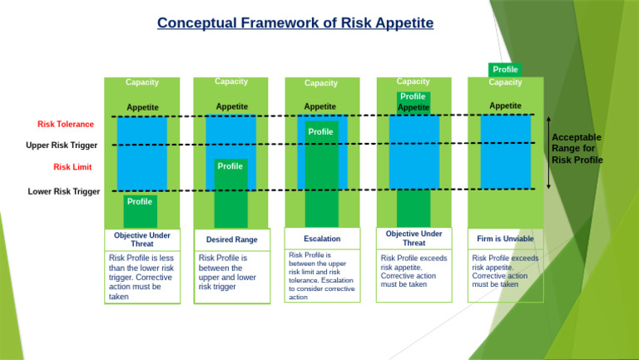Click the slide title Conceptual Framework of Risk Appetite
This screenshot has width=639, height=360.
[x=295, y=22]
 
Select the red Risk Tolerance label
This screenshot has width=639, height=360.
[x=66, y=125]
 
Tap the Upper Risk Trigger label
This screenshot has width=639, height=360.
[x=62, y=146]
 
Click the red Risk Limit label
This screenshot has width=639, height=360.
[x=73, y=167]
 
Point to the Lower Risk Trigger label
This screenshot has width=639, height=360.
[x=64, y=191]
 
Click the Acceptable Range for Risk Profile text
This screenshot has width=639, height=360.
[x=577, y=148]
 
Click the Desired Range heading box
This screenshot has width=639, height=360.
[x=231, y=239]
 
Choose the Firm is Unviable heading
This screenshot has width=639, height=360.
[x=505, y=239]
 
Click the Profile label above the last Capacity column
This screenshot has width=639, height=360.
[x=505, y=70]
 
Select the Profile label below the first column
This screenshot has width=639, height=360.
[x=140, y=201]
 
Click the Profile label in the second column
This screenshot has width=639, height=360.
[x=230, y=166]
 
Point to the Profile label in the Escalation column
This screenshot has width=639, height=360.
[x=320, y=131]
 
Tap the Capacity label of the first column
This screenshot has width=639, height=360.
[x=142, y=82]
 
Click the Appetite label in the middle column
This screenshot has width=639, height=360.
[x=320, y=106]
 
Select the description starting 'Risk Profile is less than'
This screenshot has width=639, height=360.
[x=141, y=277]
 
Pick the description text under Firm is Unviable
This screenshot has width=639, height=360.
[x=505, y=271]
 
